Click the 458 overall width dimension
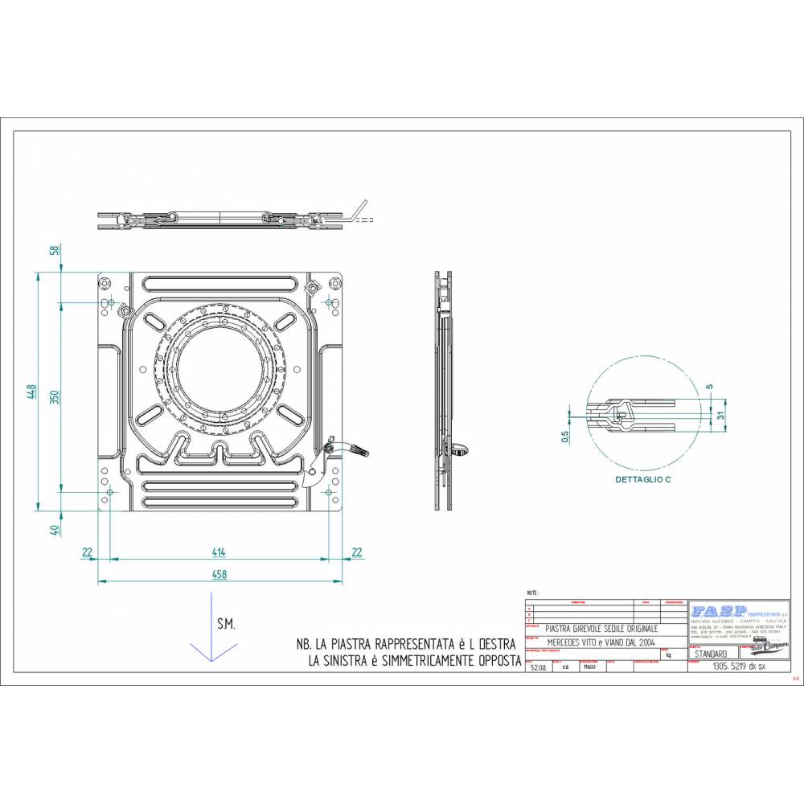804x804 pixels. (219, 574)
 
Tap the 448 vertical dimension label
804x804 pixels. (31, 391)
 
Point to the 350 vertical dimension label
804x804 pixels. (55, 396)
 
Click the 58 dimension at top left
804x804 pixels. (55, 250)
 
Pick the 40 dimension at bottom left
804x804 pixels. (55, 530)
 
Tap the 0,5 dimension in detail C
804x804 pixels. (564, 436)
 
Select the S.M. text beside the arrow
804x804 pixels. (226, 624)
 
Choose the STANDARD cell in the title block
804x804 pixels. (710, 654)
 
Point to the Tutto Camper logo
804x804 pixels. (765, 648)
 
